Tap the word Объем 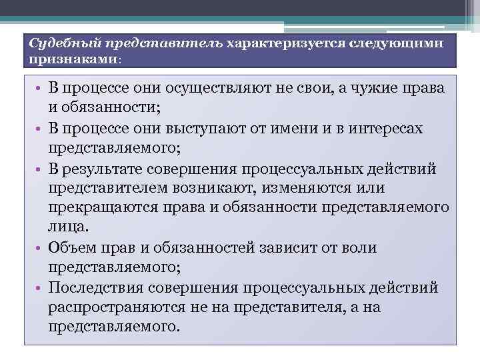click(70, 248)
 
